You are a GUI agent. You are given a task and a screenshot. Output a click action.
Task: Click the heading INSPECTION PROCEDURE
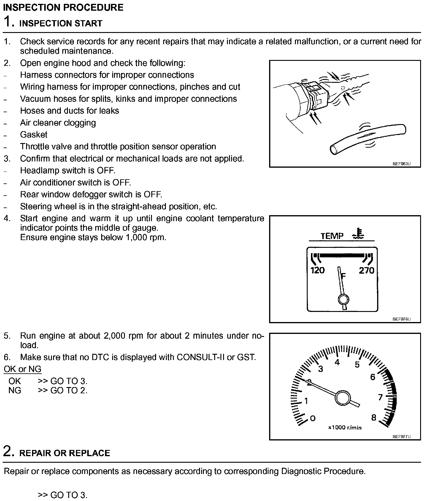(x=63, y=7)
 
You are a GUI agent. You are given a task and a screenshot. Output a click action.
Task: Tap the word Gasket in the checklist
(x=34, y=135)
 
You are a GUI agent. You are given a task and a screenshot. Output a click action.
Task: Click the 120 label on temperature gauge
(x=317, y=270)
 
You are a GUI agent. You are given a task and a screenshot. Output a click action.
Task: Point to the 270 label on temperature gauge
(x=366, y=270)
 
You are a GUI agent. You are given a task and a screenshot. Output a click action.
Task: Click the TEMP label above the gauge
(x=332, y=236)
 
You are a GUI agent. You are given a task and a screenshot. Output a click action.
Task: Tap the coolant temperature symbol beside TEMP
(x=358, y=234)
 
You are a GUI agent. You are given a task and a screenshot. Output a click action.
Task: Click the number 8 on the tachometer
(x=374, y=418)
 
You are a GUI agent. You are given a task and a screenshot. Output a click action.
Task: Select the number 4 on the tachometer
(x=337, y=362)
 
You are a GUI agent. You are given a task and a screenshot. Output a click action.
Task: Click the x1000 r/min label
(x=345, y=428)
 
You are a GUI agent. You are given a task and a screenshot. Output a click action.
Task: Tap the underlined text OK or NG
(x=23, y=369)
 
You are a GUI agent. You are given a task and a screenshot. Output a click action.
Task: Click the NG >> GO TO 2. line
(x=48, y=390)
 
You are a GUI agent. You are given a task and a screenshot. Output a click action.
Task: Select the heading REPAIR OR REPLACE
(x=64, y=453)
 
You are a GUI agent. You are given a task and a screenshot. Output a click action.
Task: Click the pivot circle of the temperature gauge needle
(x=344, y=300)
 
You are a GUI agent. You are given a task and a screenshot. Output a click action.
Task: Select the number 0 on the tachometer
(x=312, y=418)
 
